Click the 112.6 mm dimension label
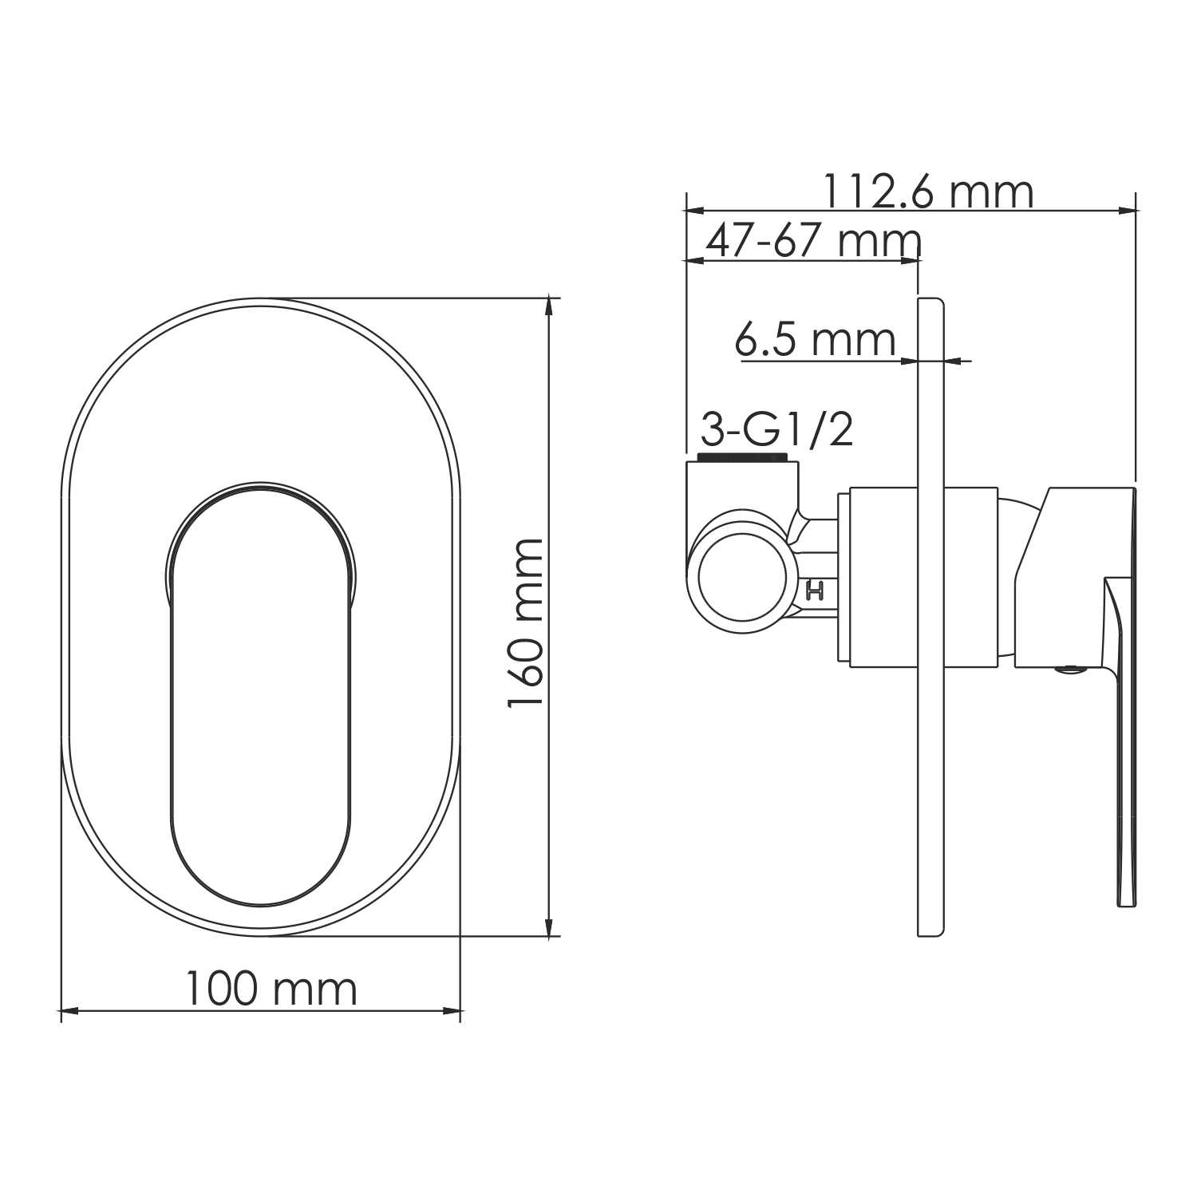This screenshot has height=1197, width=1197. click(927, 192)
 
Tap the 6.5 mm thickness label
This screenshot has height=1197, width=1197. click(815, 340)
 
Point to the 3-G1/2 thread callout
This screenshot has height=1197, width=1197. click(776, 429)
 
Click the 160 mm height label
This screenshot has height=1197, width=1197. click(526, 623)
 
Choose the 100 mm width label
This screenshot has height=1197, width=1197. click(271, 990)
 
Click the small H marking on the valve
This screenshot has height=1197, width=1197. click(815, 591)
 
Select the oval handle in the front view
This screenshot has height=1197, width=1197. click(261, 702)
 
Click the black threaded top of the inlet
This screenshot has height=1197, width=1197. click(743, 457)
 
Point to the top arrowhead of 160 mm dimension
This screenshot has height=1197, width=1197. click(548, 306)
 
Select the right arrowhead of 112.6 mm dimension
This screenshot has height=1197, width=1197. click(1127, 211)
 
